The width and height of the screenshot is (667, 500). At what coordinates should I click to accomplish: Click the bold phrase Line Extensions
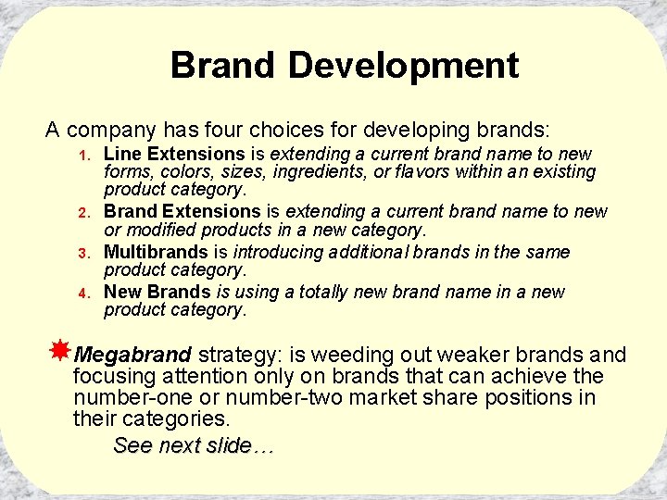(174, 154)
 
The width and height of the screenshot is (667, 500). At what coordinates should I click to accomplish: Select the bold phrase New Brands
(157, 292)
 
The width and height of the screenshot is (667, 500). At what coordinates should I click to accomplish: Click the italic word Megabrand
(132, 356)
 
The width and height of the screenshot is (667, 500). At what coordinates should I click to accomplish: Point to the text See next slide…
(194, 445)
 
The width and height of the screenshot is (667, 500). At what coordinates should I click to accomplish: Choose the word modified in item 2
(166, 230)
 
